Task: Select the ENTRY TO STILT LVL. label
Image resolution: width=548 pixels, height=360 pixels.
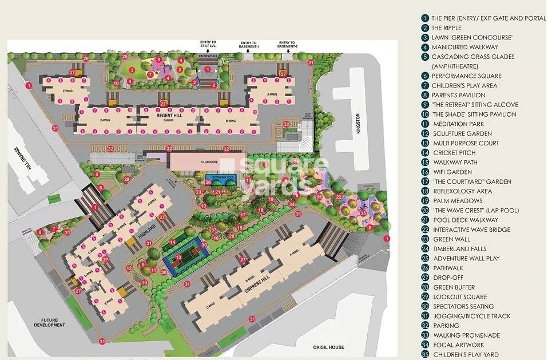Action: tap(208, 45)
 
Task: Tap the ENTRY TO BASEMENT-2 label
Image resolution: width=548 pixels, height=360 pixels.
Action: tap(287, 45)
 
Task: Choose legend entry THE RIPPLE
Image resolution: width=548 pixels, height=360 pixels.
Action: tap(446, 28)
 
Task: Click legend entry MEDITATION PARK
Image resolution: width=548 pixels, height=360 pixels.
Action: tap(458, 124)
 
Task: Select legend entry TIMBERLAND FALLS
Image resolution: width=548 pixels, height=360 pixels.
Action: tap(459, 249)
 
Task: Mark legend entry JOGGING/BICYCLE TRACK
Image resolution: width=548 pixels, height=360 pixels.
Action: tap(471, 316)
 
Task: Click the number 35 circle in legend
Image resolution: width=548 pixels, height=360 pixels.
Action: tap(425, 355)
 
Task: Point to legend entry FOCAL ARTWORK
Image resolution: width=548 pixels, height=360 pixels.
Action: tap(458, 345)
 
